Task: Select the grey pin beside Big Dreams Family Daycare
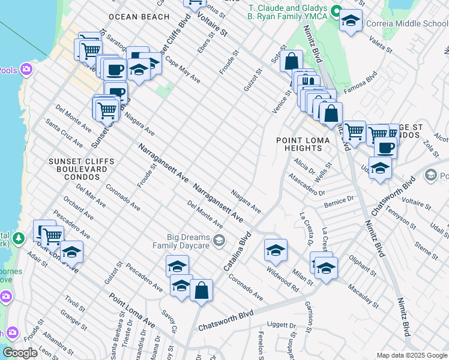[219, 241]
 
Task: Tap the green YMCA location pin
[337, 11]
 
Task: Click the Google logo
[20, 353]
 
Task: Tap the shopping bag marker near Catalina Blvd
[202, 290]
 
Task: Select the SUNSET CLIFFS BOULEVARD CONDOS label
[74, 169]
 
